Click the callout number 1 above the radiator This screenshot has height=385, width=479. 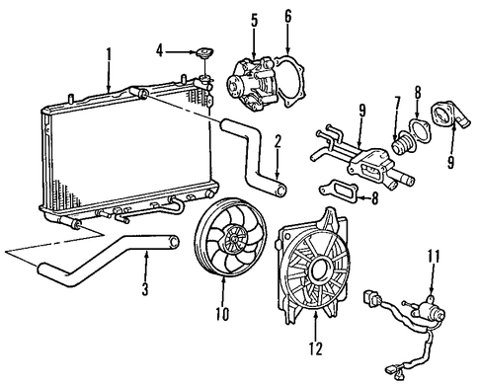(x=109, y=56)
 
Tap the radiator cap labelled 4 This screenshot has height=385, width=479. (x=204, y=53)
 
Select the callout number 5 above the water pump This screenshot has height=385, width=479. (x=254, y=21)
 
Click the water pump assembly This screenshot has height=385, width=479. (x=253, y=83)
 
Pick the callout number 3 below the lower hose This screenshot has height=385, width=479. (x=145, y=289)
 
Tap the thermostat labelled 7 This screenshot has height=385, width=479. (x=402, y=144)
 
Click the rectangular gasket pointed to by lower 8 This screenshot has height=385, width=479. (x=338, y=192)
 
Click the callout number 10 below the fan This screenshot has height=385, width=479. (x=223, y=313)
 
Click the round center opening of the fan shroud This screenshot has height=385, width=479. (x=318, y=269)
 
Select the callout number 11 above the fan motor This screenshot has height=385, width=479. (x=434, y=257)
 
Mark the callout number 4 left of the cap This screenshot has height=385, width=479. (x=160, y=51)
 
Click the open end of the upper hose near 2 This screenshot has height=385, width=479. (x=280, y=190)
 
